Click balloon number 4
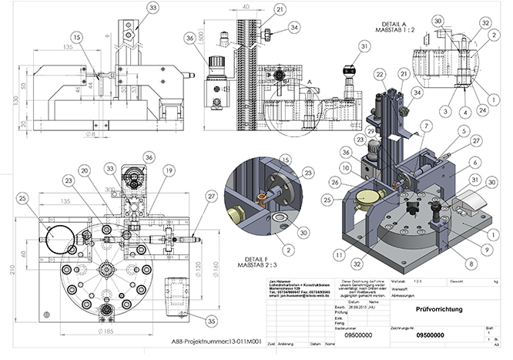pyautogui.click(x=465, y=110)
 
